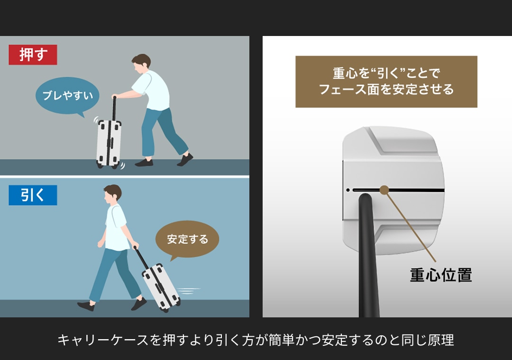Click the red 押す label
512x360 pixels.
[x=33, y=54]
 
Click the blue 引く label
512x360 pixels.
[x=33, y=195]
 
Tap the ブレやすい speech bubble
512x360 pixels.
[x=67, y=96]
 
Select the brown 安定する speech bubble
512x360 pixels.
[x=187, y=239]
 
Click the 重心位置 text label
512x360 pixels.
[x=441, y=275]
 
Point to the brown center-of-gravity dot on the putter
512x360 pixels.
[x=384, y=190]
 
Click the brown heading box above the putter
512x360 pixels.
[x=386, y=81]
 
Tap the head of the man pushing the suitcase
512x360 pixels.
[x=141, y=63]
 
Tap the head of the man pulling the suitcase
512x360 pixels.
[x=112, y=195]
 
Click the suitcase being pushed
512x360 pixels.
[x=109, y=144]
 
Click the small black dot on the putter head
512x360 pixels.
[x=348, y=190]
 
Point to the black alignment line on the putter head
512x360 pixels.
[x=398, y=190]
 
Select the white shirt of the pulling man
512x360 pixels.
[x=116, y=227]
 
